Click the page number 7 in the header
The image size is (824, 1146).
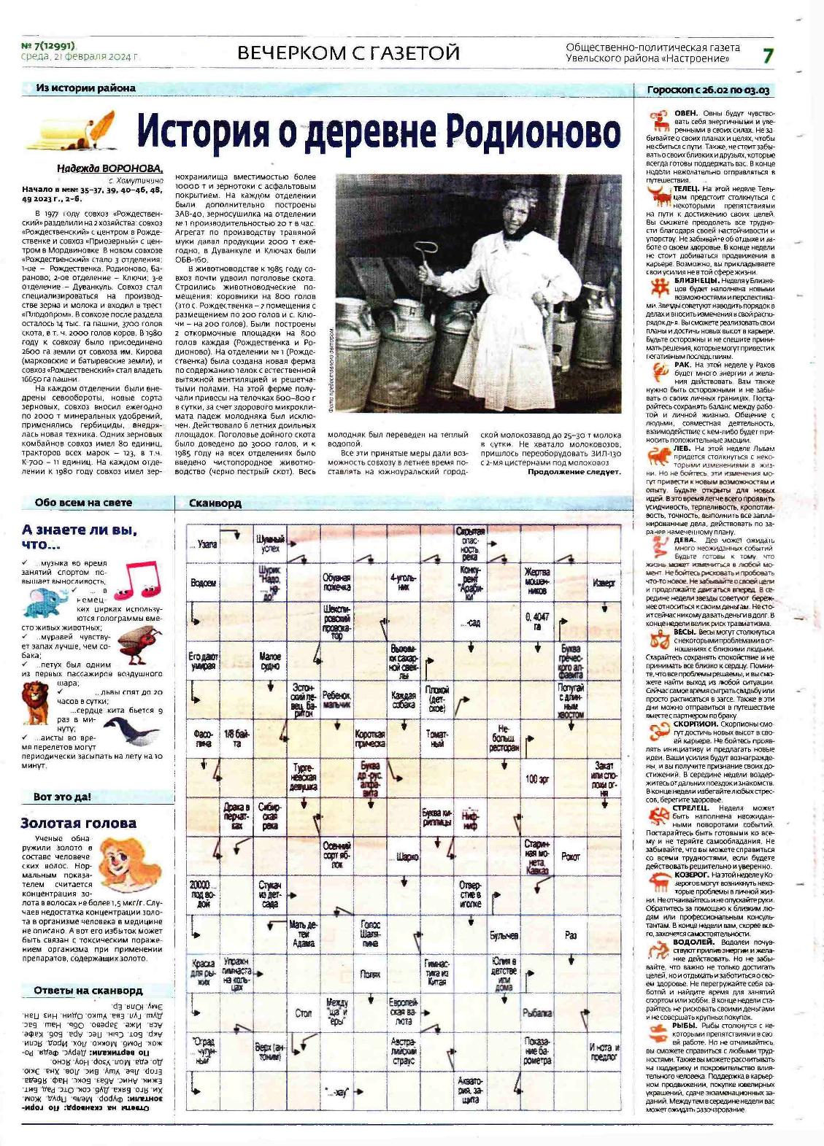[767, 55]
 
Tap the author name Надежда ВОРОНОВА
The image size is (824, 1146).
[110, 169]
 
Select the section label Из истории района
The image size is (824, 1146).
[85, 88]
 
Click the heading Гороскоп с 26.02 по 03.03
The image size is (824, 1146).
[708, 90]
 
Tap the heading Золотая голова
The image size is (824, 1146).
[78, 823]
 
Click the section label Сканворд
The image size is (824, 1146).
[215, 503]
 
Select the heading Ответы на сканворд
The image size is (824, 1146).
[88, 990]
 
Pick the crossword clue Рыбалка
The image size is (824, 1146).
[537, 1013]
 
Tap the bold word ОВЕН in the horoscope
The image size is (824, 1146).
[686, 114]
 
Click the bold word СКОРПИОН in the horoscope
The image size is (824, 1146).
[696, 724]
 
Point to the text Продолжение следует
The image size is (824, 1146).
[574, 471]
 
